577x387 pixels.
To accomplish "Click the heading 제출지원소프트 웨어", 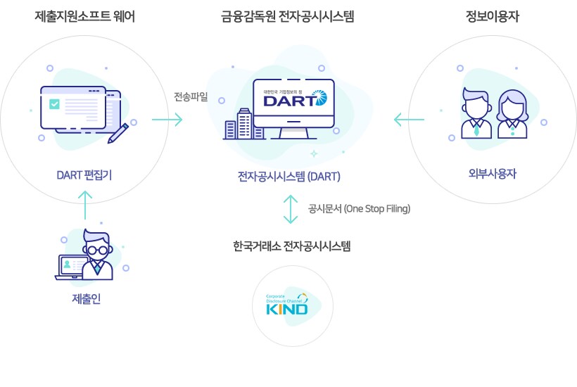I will click(x=84, y=16).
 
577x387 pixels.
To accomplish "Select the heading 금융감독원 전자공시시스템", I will click(x=287, y=16).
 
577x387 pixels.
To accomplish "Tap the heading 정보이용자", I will click(x=493, y=16).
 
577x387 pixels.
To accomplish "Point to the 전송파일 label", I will click(x=191, y=97).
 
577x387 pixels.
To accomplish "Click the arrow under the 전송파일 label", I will click(x=167, y=120).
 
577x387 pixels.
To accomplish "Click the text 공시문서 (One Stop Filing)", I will click(x=359, y=209).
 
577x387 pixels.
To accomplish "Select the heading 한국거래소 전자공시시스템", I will click(x=291, y=246).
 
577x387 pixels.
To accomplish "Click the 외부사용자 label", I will click(x=492, y=173).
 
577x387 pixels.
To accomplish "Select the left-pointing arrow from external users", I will click(x=409, y=120).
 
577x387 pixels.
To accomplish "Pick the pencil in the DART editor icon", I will click(x=118, y=132).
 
